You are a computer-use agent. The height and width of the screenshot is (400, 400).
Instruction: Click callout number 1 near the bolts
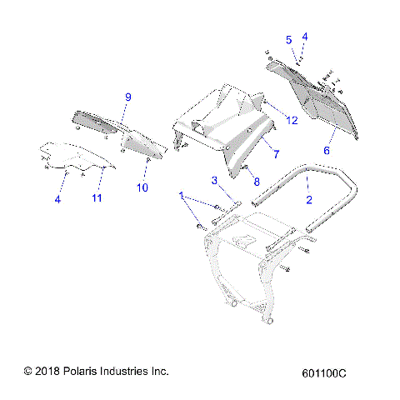(x=182, y=195)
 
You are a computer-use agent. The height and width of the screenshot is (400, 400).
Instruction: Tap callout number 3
(x=214, y=180)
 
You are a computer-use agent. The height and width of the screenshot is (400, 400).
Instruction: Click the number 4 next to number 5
(x=305, y=37)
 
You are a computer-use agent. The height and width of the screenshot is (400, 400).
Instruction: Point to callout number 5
(x=288, y=39)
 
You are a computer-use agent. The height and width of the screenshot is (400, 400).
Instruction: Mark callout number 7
(x=276, y=154)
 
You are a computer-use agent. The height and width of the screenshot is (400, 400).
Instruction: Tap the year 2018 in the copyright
(x=46, y=371)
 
